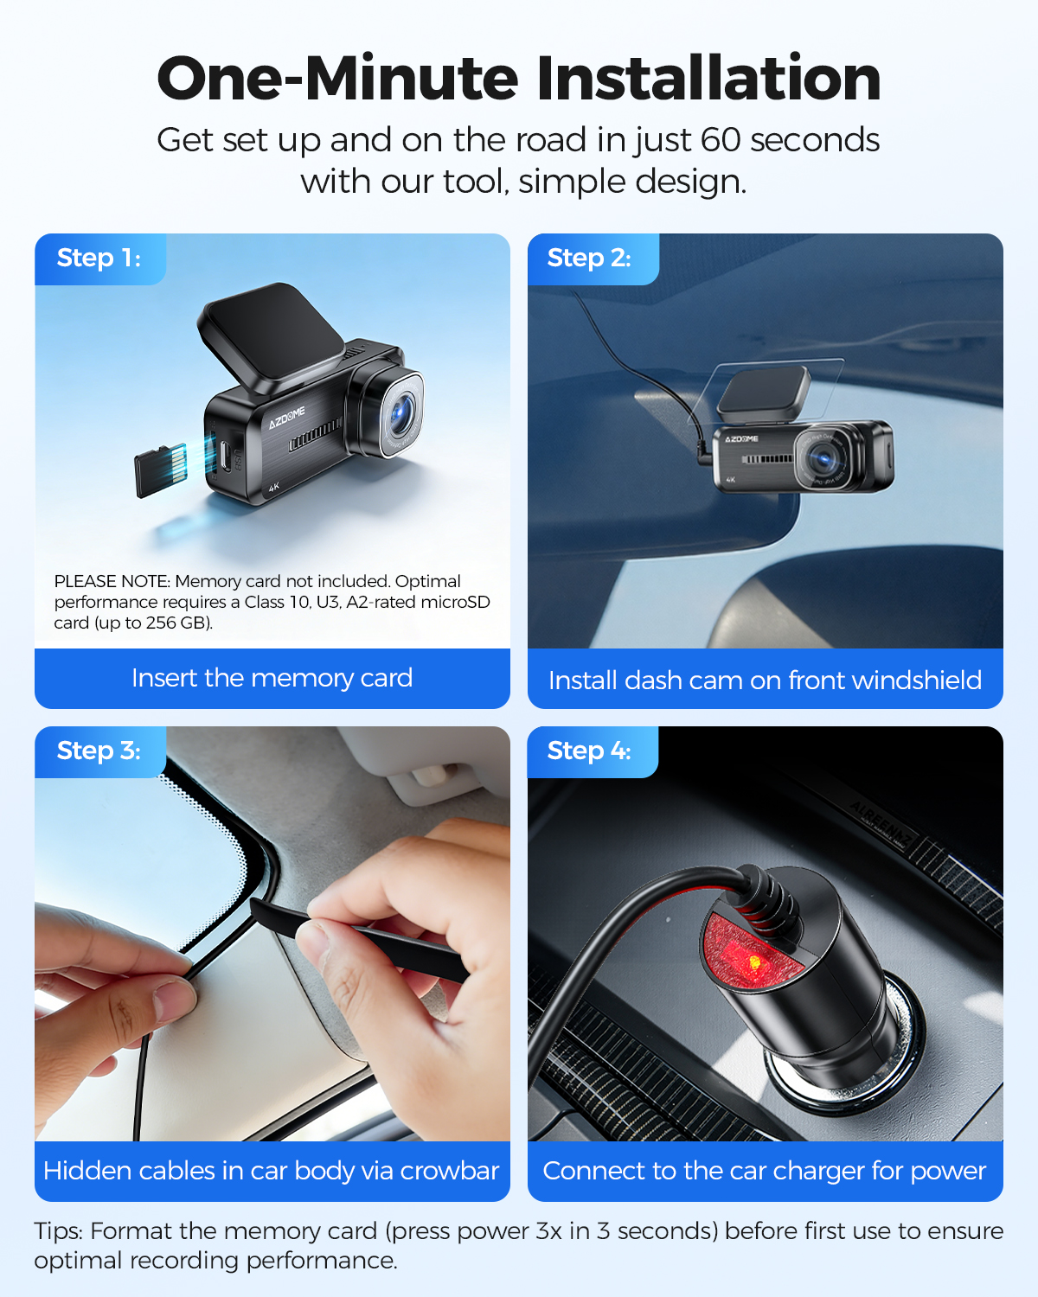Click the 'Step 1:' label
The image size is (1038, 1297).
[x=99, y=258]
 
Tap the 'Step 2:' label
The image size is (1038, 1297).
[x=589, y=258]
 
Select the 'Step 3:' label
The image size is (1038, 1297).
[x=99, y=751]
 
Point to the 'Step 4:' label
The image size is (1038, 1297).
[x=589, y=751]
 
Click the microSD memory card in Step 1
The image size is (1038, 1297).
[x=160, y=470]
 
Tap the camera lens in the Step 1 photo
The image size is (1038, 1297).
[x=400, y=414]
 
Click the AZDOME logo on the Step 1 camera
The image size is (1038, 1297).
[x=286, y=418]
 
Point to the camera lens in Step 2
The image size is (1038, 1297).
[x=823, y=458]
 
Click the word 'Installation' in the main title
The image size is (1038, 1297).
[x=708, y=79]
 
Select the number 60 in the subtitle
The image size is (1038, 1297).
[x=721, y=140]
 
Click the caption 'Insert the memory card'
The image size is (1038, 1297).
[x=272, y=678]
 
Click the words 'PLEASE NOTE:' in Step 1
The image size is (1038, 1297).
[x=112, y=581]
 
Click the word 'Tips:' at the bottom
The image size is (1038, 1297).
[x=59, y=1231]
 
